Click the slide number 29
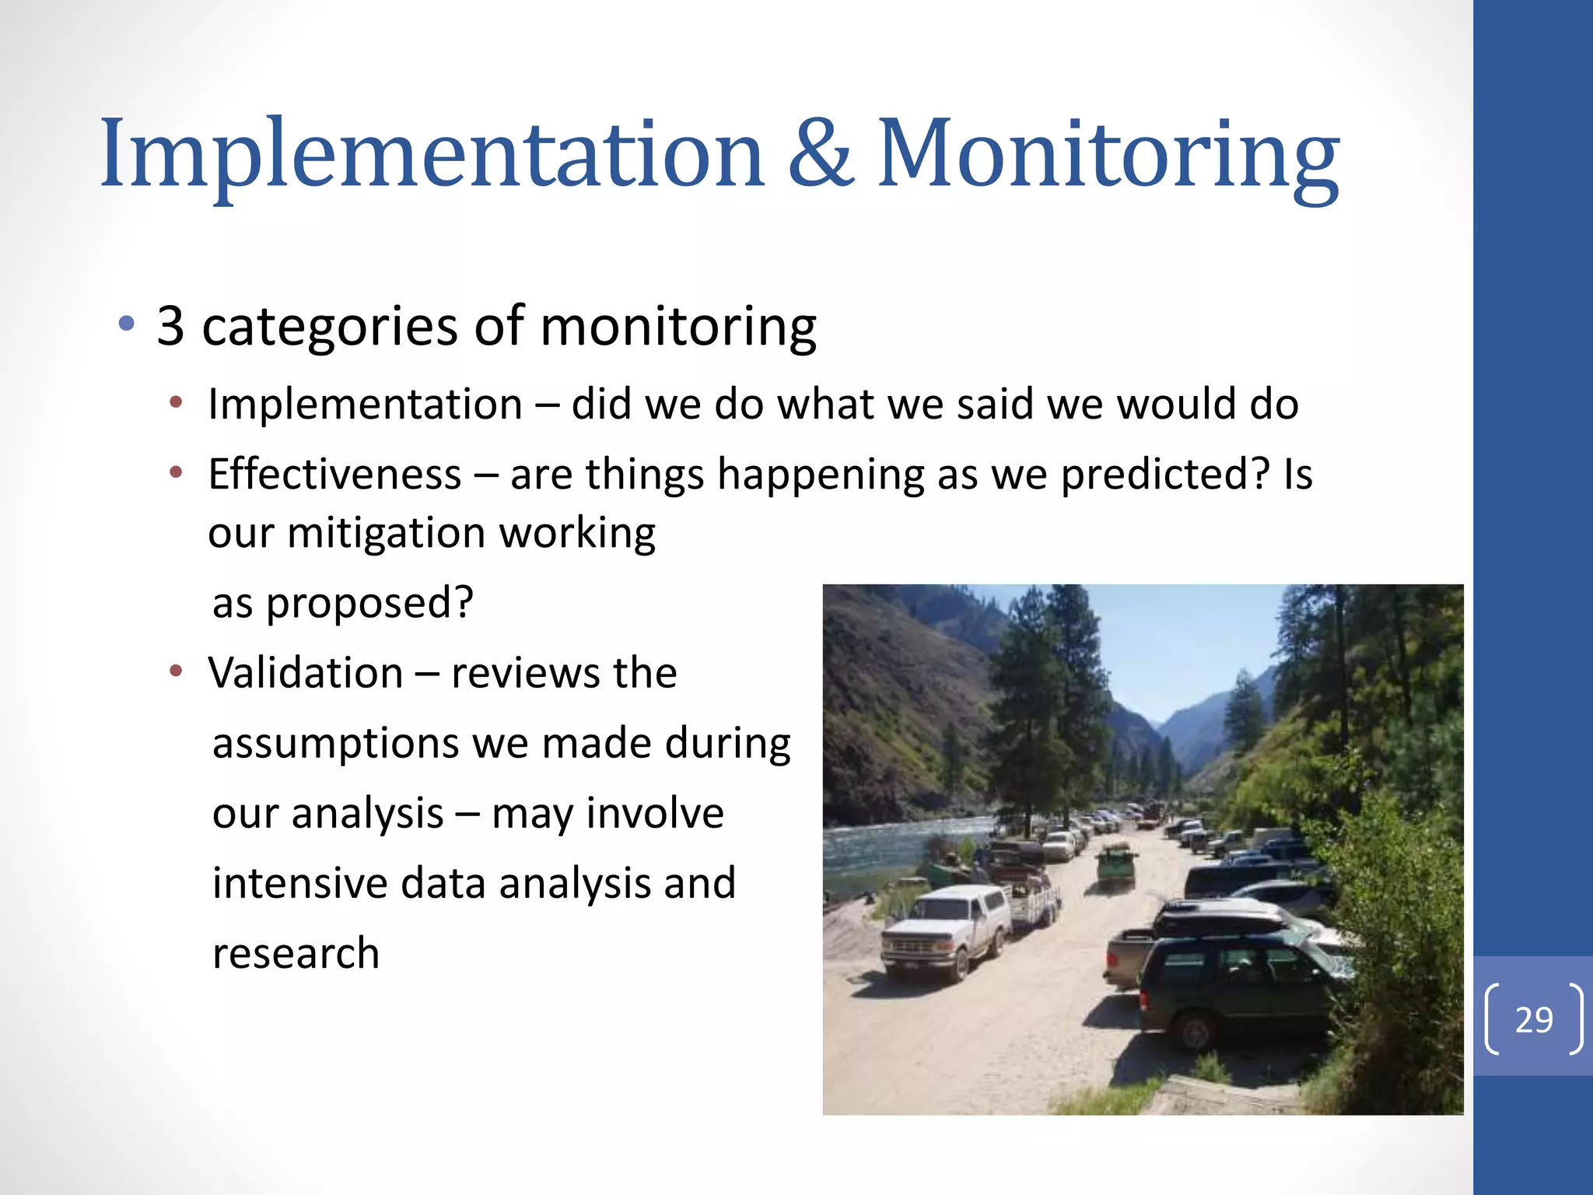[1533, 1019]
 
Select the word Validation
[305, 673]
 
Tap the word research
[296, 954]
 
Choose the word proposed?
[369, 603]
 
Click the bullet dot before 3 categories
[127, 323]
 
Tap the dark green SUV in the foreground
[1237, 988]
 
